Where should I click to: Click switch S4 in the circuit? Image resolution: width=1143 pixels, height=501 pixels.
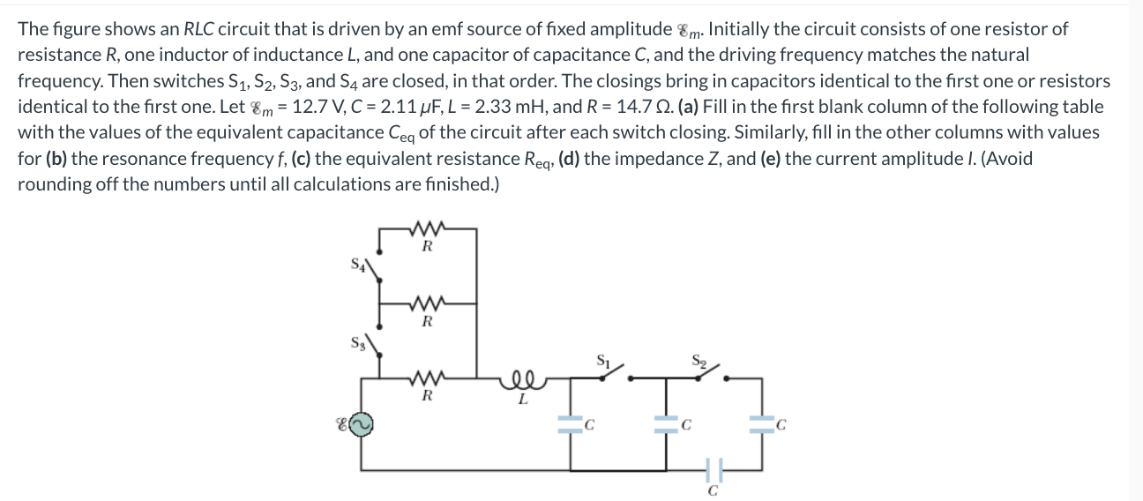[x=370, y=267]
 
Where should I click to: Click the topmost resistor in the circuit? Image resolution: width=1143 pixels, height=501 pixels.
[x=427, y=231]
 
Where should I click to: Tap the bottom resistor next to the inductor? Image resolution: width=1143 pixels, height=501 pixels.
[x=427, y=381]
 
